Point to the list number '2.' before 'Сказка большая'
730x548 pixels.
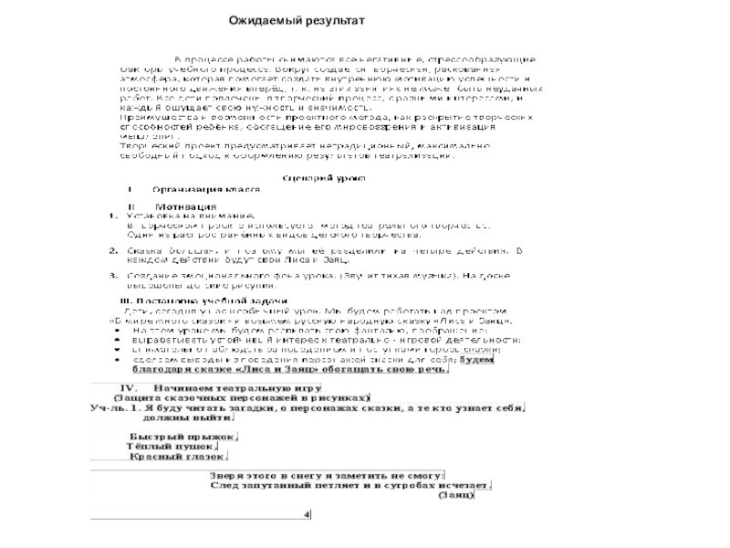pos(112,248)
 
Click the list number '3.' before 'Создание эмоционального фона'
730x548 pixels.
pos(112,274)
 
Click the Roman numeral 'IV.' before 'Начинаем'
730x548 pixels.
pos(122,387)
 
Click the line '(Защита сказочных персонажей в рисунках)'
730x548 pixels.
pos(240,397)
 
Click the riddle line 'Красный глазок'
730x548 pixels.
pos(178,455)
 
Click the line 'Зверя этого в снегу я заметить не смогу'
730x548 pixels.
pos(326,475)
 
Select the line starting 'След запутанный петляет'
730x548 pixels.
pos(350,485)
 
